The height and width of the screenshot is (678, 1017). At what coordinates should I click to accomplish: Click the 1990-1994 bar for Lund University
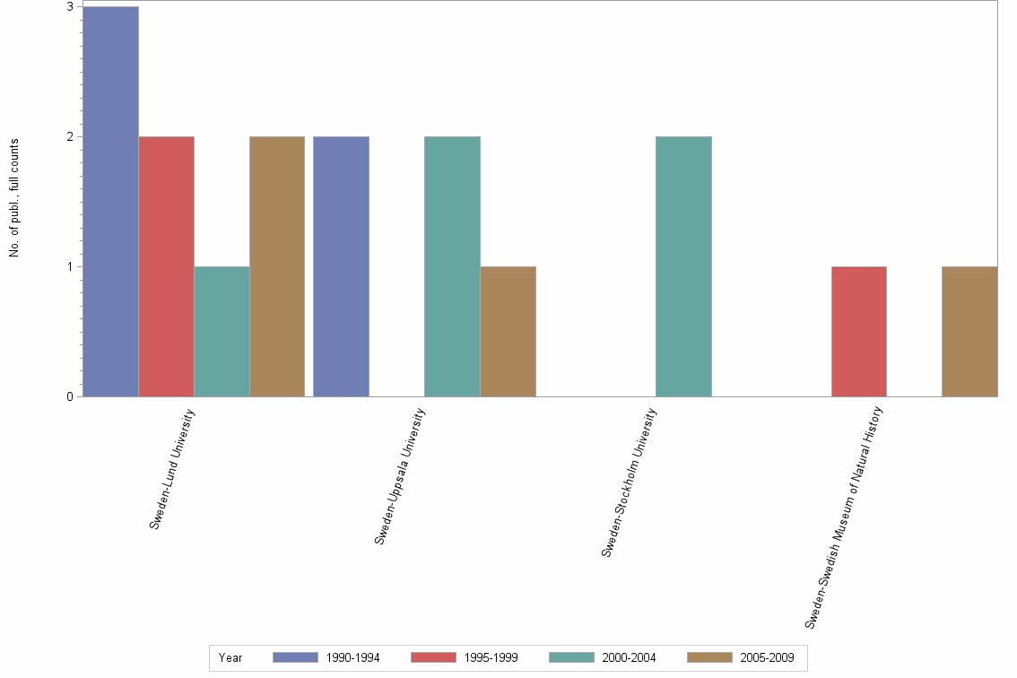[110, 202]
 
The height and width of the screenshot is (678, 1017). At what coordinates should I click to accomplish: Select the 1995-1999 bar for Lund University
[166, 266]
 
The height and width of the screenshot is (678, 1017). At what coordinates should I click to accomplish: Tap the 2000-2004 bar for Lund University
[222, 332]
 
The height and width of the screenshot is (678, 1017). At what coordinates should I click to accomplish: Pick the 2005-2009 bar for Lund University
[277, 266]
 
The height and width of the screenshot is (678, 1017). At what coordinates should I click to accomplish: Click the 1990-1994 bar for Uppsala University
[341, 266]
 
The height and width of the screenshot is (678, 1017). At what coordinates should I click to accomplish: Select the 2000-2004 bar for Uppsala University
[452, 266]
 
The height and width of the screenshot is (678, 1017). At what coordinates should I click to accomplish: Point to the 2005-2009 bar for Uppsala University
[508, 332]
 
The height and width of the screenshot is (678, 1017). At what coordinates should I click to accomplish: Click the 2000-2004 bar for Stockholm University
[683, 266]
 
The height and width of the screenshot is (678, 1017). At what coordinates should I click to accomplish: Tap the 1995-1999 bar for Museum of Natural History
[858, 332]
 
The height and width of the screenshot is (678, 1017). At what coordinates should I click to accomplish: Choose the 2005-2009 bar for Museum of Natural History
[969, 332]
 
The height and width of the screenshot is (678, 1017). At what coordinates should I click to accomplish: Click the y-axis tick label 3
[70, 7]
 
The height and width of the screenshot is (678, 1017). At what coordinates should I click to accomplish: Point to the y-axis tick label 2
[70, 137]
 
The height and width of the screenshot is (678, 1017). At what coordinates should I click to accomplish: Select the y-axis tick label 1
[70, 267]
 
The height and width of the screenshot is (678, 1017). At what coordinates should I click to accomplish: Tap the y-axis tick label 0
[70, 397]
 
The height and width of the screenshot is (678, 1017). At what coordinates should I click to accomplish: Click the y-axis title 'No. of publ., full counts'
[14, 198]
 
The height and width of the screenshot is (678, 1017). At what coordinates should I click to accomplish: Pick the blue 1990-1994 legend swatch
[295, 657]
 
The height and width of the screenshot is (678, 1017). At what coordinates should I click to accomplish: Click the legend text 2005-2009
[767, 657]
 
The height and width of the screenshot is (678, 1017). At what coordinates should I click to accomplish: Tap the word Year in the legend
[230, 657]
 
